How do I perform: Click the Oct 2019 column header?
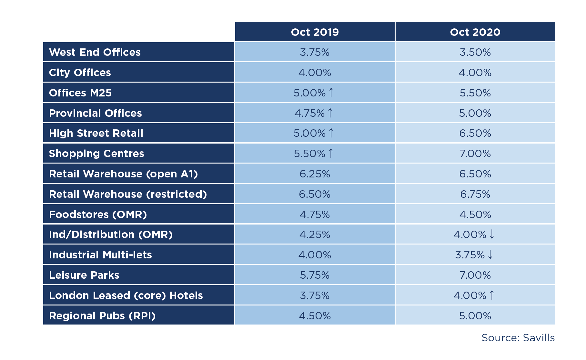pos(315,32)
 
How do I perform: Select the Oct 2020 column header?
pos(475,32)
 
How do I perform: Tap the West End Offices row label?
pos(95,52)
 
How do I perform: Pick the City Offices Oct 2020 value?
pos(475,73)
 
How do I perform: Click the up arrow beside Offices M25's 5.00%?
pos(331,93)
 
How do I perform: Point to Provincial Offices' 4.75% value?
pos(309,113)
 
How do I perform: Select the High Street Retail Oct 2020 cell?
pos(475,133)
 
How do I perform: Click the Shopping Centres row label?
pos(96,154)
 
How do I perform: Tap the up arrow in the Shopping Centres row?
pos(331,153)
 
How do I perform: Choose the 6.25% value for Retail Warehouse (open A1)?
pos(315,174)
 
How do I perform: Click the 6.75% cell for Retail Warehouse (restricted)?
pos(475,194)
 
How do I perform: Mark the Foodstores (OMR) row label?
pos(98,215)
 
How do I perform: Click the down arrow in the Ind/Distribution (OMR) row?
pos(492,234)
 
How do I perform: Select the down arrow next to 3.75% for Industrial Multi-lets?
pos(490,255)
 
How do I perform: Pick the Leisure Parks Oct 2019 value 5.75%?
pos(315,275)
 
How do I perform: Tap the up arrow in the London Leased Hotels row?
pos(492,295)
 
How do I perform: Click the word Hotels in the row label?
pos(186,295)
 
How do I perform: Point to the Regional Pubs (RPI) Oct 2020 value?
pos(475,316)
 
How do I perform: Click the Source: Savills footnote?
pos(518,338)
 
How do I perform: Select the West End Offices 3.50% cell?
pos(475,52)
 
